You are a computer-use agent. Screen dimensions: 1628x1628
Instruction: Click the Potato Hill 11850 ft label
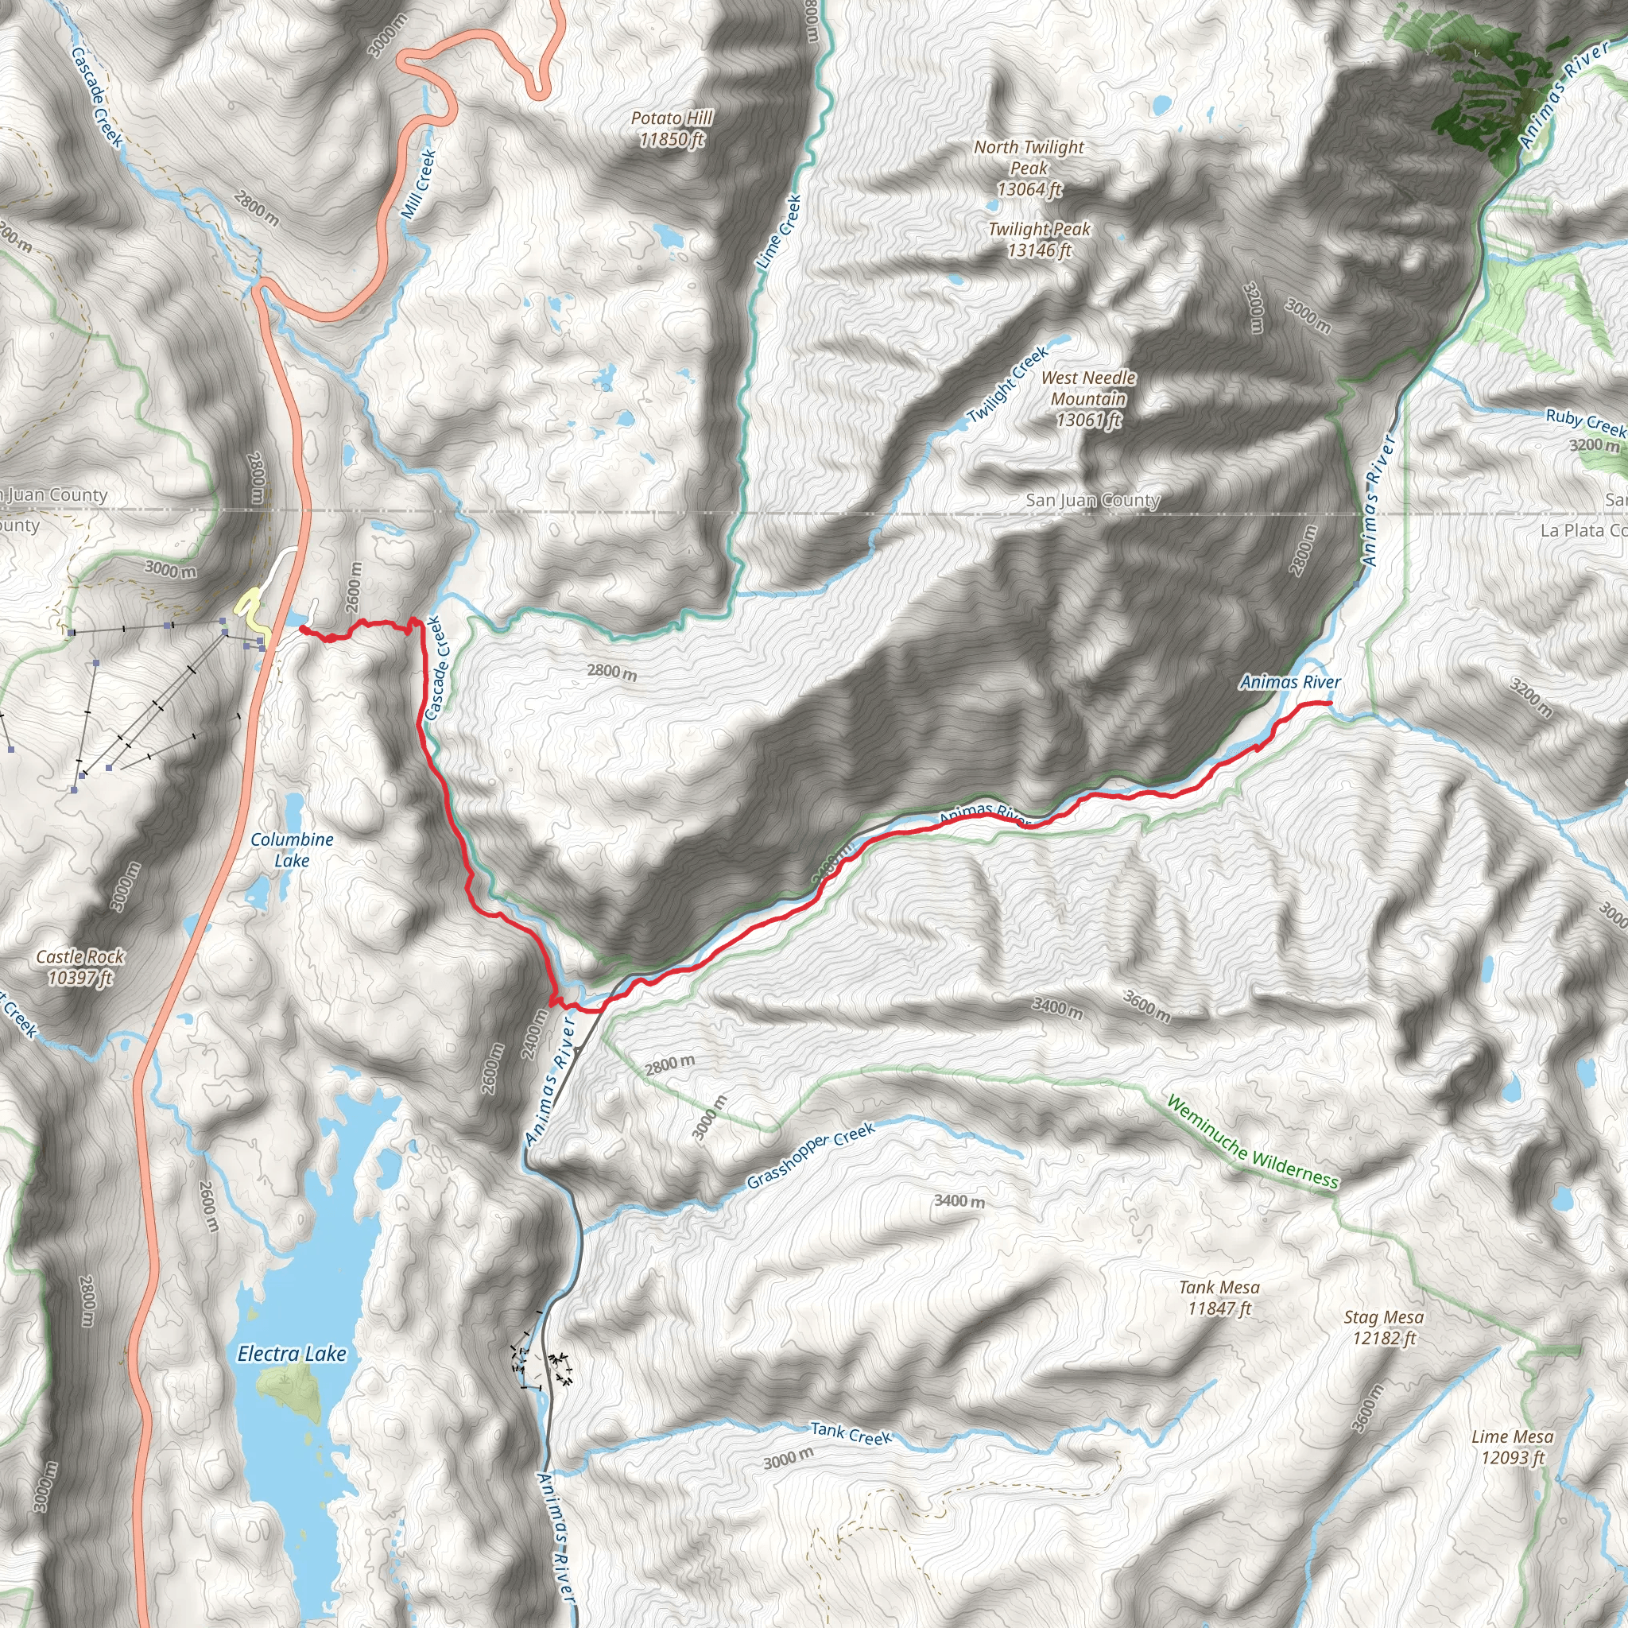pyautogui.click(x=672, y=128)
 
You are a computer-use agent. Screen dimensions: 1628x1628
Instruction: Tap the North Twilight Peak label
pyautogui.click(x=1029, y=168)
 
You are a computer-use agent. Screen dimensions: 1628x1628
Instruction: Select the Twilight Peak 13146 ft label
pyautogui.click(x=1039, y=239)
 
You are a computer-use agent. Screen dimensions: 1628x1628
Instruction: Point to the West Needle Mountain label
pyautogui.click(x=1088, y=398)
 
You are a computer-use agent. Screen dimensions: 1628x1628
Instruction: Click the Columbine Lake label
pyautogui.click(x=292, y=850)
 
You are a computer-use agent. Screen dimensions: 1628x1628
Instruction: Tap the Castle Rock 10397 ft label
pyautogui.click(x=80, y=967)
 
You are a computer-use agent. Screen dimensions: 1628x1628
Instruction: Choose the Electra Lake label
pyautogui.click(x=292, y=1353)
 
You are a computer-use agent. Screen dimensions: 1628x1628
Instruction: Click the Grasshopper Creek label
pyautogui.click(x=811, y=1156)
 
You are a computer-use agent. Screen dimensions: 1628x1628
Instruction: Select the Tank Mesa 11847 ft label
pyautogui.click(x=1219, y=1297)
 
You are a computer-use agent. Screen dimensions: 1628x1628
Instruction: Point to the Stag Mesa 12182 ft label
pyautogui.click(x=1383, y=1328)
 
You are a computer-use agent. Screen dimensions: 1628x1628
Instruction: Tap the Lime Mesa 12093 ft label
pyautogui.click(x=1512, y=1447)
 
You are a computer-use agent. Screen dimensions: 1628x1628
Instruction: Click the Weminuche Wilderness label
pyautogui.click(x=1251, y=1142)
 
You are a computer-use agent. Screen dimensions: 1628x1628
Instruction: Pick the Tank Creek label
pyautogui.click(x=851, y=1433)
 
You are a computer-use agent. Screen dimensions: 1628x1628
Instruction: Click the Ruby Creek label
pyautogui.click(x=1585, y=421)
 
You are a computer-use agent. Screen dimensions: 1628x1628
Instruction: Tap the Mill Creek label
pyautogui.click(x=419, y=184)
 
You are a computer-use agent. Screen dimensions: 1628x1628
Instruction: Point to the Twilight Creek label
pyautogui.click(x=1008, y=385)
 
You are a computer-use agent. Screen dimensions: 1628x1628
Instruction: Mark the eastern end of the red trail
pyautogui.click(x=1330, y=703)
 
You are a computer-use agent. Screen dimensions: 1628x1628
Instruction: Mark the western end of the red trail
pyautogui.click(x=301, y=628)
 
